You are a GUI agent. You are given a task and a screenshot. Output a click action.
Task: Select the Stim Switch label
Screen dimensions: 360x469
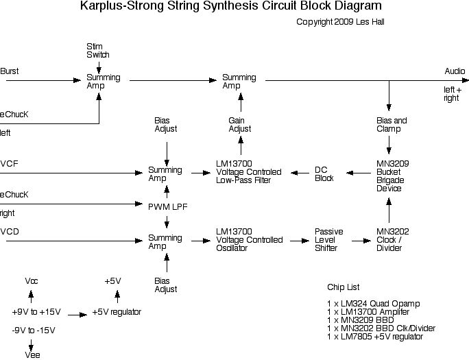[98, 50]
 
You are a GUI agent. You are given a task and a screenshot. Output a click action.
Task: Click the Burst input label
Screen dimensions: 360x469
[10, 71]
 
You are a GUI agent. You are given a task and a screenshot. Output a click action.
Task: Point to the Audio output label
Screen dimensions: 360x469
[455, 71]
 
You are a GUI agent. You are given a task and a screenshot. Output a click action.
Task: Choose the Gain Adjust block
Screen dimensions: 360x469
[240, 124]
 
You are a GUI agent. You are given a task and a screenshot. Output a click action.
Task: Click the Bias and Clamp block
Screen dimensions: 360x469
[392, 124]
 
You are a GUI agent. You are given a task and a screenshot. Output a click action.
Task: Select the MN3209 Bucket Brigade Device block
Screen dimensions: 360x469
[393, 176]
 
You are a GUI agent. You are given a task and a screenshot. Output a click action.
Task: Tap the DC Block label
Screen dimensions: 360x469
[324, 173]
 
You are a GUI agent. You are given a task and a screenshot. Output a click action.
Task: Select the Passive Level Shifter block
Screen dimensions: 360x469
[328, 240]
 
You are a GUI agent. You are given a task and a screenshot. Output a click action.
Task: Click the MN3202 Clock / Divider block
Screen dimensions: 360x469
[393, 240]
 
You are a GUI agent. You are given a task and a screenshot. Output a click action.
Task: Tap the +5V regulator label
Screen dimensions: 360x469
[122, 312]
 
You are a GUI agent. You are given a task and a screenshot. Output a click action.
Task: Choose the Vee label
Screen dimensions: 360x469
[32, 355]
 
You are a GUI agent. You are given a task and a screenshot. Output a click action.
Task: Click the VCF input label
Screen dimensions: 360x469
[10, 163]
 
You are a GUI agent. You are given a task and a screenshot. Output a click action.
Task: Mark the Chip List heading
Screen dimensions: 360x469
[343, 287]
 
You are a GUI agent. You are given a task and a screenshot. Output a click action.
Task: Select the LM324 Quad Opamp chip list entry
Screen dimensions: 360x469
[373, 303]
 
